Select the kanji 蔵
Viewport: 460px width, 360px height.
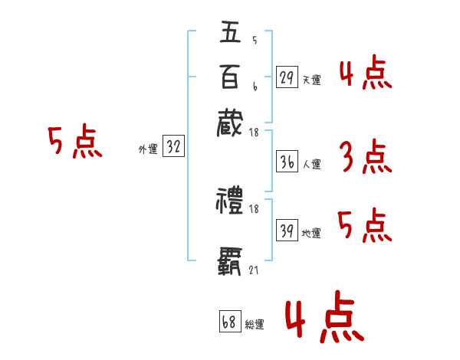(230, 123)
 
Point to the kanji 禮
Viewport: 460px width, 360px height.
(230, 204)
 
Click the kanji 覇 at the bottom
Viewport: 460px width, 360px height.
(230, 260)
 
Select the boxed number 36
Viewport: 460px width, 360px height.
(287, 162)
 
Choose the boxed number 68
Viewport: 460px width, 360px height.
(229, 322)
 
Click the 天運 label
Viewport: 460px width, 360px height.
(311, 80)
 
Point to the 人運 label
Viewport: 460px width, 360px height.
(311, 164)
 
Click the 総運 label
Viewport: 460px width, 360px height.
(255, 324)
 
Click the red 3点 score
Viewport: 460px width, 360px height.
(365, 157)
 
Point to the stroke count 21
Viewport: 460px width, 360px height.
(254, 270)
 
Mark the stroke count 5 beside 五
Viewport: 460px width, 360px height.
(254, 41)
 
